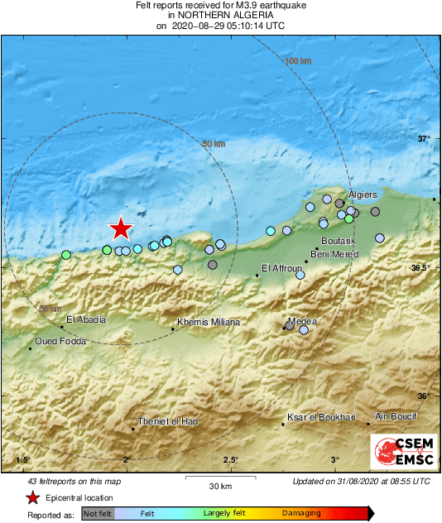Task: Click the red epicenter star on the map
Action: click(x=121, y=228)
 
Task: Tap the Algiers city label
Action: click(x=363, y=195)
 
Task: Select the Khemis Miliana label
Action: click(x=209, y=322)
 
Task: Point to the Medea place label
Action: click(x=302, y=322)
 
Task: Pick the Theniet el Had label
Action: click(x=168, y=421)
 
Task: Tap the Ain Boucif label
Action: click(x=396, y=416)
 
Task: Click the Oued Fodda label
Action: click(x=60, y=341)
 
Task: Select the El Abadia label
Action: click(x=86, y=319)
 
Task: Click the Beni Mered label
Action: click(x=334, y=254)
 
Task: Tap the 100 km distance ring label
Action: click(x=298, y=61)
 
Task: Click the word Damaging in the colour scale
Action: click(x=301, y=513)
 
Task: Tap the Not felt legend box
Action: click(x=98, y=513)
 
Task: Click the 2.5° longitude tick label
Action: click(x=230, y=460)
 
